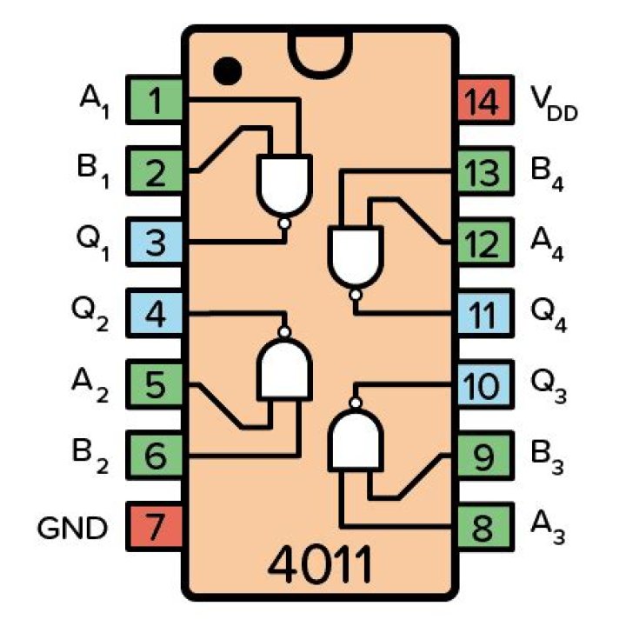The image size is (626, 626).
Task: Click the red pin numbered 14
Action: click(x=481, y=103)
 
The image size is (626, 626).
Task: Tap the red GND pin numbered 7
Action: click(x=156, y=526)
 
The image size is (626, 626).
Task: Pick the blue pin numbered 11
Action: click(x=481, y=314)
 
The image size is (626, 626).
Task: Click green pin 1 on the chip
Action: click(x=156, y=103)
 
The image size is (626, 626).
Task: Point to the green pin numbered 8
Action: click(x=481, y=526)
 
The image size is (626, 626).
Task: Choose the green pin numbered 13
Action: click(x=481, y=173)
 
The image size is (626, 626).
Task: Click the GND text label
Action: click(x=73, y=527)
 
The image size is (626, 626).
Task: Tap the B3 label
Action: click(x=547, y=456)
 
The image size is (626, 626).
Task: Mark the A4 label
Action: click(x=547, y=244)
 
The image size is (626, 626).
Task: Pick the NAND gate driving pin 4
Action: click(x=283, y=367)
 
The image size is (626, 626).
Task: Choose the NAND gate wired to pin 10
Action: click(x=354, y=438)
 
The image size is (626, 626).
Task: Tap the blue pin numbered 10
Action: click(x=481, y=385)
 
